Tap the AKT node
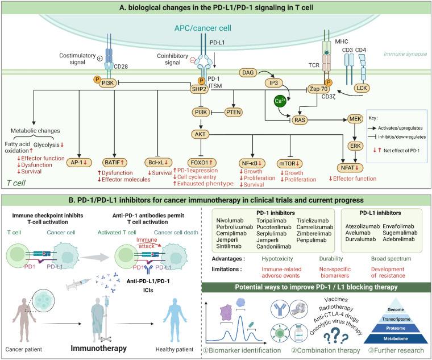pyautogui.click(x=201, y=134)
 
